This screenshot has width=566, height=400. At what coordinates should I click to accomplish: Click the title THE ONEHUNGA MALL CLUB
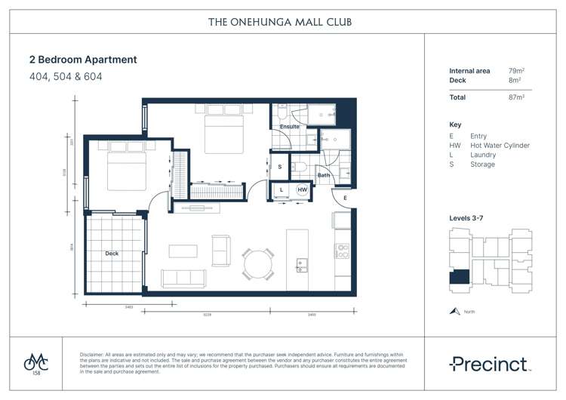click(x=280, y=22)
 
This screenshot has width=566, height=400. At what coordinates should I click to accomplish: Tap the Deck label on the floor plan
click(x=112, y=254)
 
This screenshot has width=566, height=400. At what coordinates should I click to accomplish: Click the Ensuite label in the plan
click(x=290, y=127)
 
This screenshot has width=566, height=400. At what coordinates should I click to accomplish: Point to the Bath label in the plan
click(x=324, y=175)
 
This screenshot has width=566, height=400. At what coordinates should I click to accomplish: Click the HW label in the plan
click(x=301, y=189)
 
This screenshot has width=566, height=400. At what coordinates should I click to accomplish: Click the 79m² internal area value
click(x=517, y=71)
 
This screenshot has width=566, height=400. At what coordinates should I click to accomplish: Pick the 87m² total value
click(x=517, y=97)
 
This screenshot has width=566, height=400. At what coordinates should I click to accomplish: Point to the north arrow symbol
click(x=454, y=311)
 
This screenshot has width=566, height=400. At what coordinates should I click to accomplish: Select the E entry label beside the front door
click(x=344, y=198)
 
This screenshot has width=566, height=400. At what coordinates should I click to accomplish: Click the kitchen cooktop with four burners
click(x=342, y=251)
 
